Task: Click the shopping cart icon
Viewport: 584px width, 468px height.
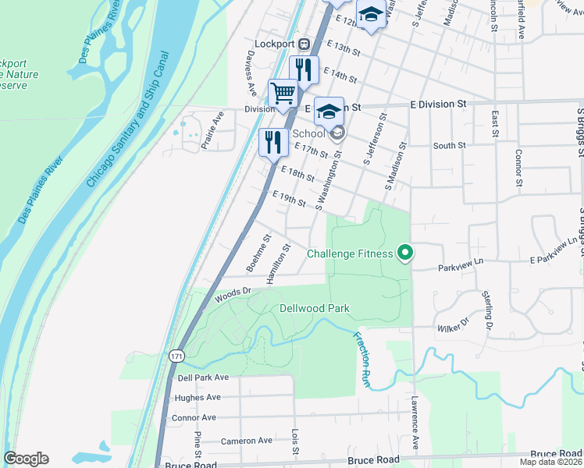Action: pyautogui.click(x=283, y=94)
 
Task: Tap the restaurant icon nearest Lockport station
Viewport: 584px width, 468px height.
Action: pyautogui.click(x=304, y=69)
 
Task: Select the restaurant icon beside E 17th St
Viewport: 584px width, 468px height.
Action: pyautogui.click(x=273, y=141)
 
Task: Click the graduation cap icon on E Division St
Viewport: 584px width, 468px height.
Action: pyautogui.click(x=329, y=111)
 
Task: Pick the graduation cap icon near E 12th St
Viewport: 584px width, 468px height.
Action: pyautogui.click(x=371, y=14)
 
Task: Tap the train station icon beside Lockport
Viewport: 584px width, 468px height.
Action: pyautogui.click(x=304, y=44)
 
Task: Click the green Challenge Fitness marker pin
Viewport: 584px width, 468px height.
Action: pyautogui.click(x=404, y=253)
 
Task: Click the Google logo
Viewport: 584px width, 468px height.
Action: pyautogui.click(x=26, y=459)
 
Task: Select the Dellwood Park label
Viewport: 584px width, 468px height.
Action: pyautogui.click(x=314, y=309)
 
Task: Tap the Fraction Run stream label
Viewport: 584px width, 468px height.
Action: pyautogui.click(x=361, y=360)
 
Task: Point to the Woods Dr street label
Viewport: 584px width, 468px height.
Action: pyautogui.click(x=232, y=294)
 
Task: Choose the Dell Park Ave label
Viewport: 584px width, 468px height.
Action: pyautogui.click(x=202, y=378)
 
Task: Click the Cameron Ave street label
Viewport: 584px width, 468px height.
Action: pyautogui.click(x=245, y=441)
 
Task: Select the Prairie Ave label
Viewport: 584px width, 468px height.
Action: pyautogui.click(x=212, y=129)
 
